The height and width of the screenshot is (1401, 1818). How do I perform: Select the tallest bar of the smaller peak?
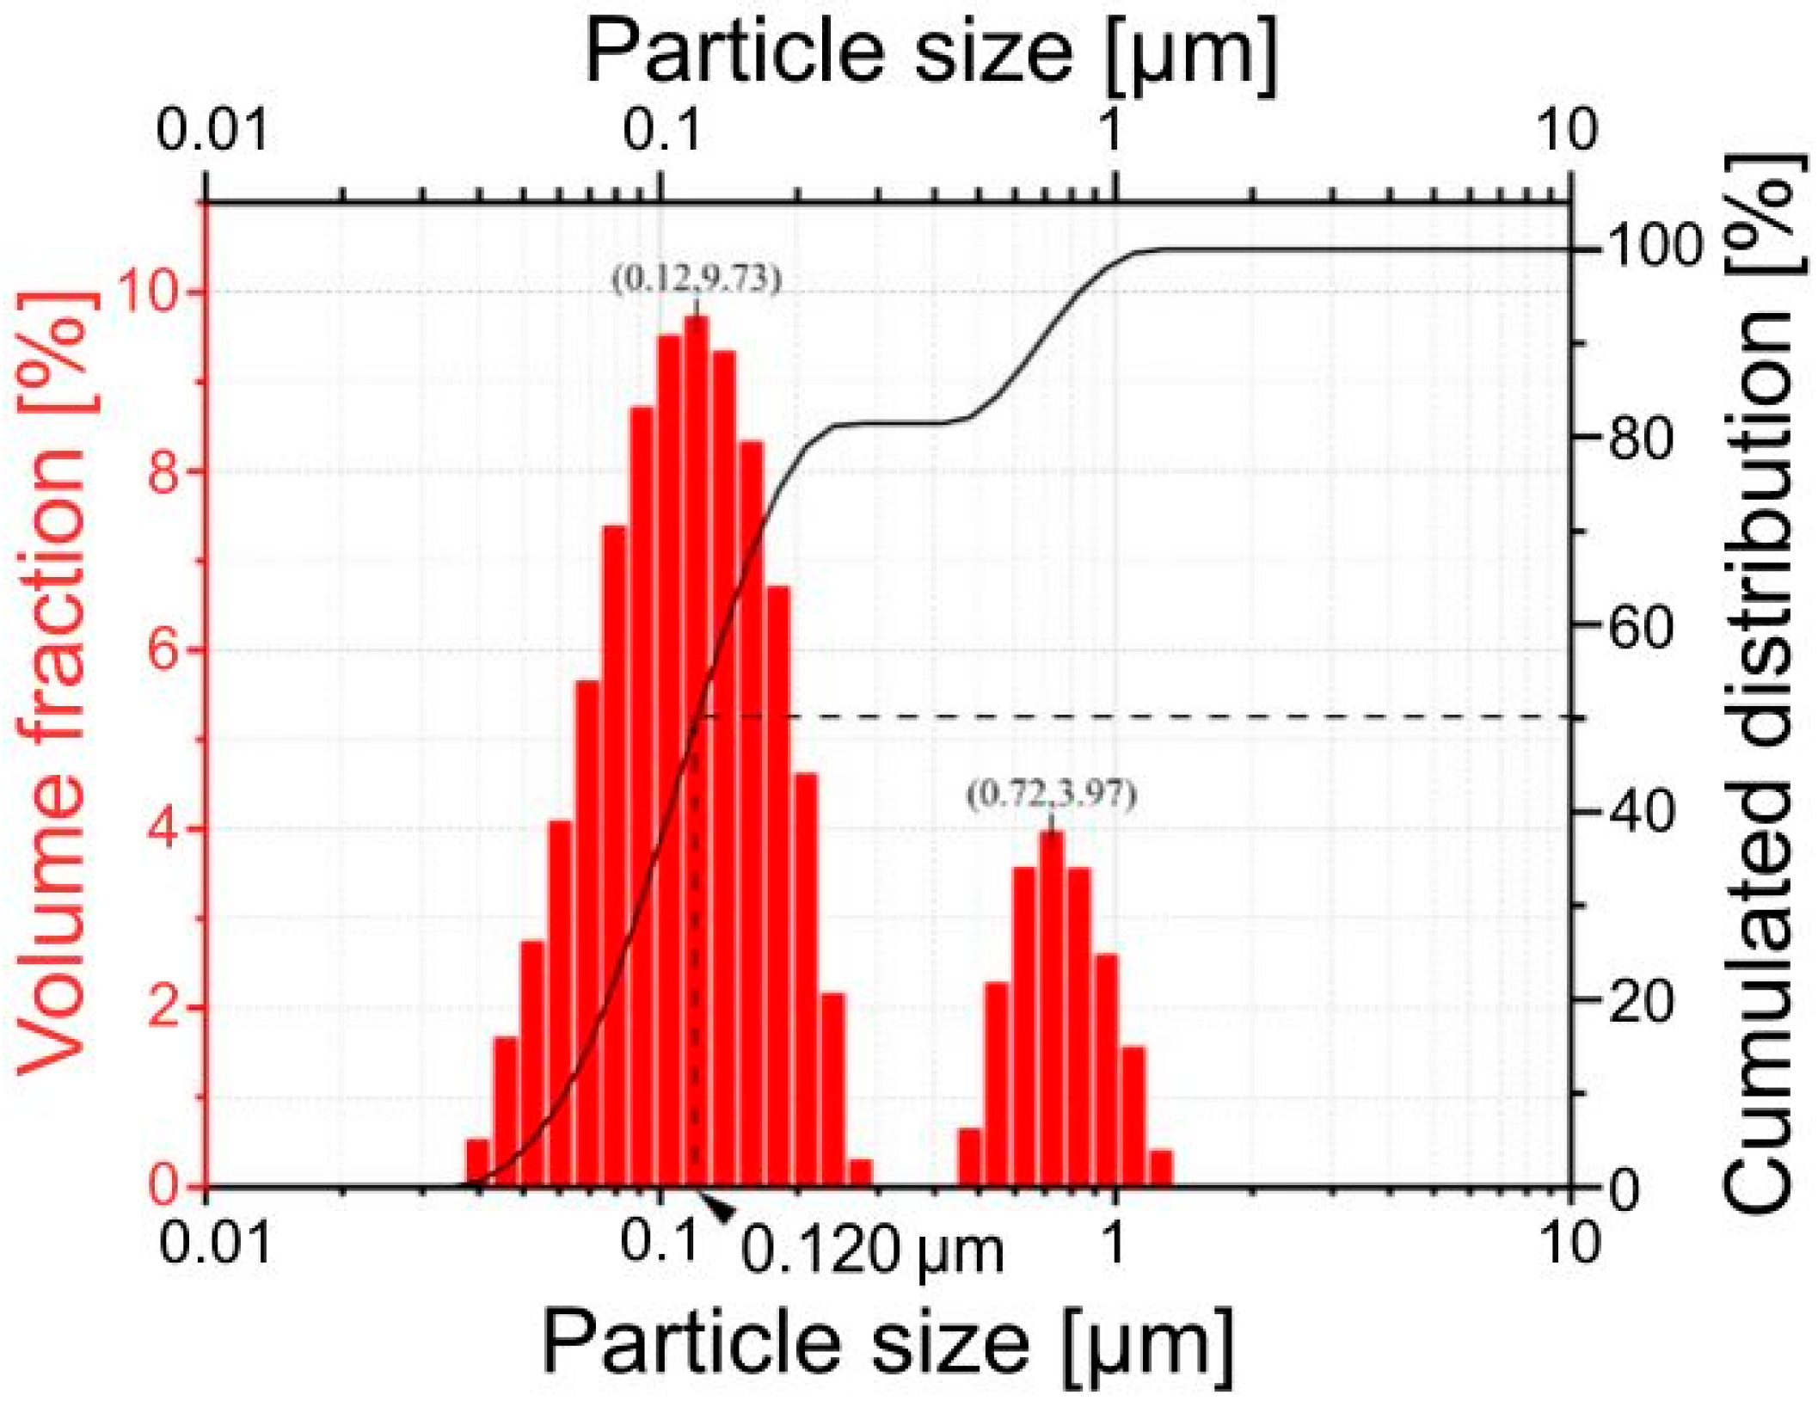(1051, 1006)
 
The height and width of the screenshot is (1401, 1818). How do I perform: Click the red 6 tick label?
(163, 651)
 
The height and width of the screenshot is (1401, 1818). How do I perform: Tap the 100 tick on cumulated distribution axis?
(1655, 249)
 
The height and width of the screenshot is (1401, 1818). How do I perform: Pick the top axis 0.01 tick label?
(212, 131)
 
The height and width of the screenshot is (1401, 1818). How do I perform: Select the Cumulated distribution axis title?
(1760, 688)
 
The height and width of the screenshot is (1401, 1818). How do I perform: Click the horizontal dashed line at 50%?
(1118, 716)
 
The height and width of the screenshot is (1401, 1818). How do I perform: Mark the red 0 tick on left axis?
(163, 1186)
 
